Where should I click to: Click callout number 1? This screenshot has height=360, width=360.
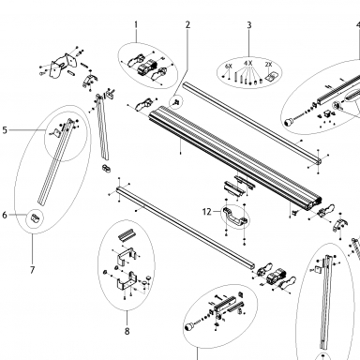tap(136, 24)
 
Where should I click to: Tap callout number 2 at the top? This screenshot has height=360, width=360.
tap(187, 24)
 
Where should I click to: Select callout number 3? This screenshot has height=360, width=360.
tap(249, 25)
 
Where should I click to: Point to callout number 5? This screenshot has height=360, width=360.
tap(5, 130)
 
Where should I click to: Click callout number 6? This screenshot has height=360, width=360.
tap(5, 215)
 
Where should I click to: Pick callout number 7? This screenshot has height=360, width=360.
tap(33, 270)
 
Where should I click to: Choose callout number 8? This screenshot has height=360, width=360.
tap(127, 331)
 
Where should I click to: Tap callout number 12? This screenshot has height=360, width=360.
tap(207, 212)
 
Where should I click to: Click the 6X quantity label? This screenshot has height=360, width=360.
tap(229, 67)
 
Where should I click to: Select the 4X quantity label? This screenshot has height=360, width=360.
tap(248, 64)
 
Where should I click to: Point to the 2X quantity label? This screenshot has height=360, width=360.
tap(269, 65)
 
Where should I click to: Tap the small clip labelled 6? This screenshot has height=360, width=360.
tap(36, 217)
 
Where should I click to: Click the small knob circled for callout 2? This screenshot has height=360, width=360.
tap(176, 102)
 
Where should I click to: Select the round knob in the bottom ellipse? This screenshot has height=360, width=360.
tap(188, 327)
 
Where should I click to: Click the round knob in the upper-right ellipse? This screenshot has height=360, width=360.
tap(288, 121)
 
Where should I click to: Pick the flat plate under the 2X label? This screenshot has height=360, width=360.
tap(271, 76)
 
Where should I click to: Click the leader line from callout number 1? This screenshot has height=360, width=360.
tap(136, 36)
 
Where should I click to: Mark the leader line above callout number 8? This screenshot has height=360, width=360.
tap(127, 319)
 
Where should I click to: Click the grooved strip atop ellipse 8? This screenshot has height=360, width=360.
tap(127, 234)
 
